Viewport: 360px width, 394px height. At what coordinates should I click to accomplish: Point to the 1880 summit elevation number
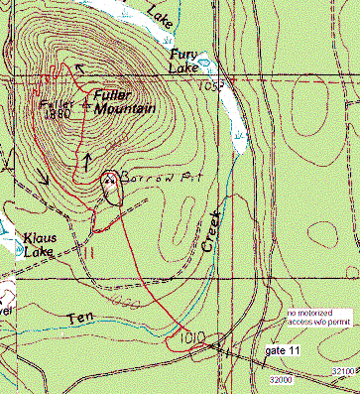coord(58,113)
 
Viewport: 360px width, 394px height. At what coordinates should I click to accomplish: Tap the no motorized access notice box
coord(318,317)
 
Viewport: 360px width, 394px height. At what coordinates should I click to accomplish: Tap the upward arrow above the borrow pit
coord(87,158)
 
